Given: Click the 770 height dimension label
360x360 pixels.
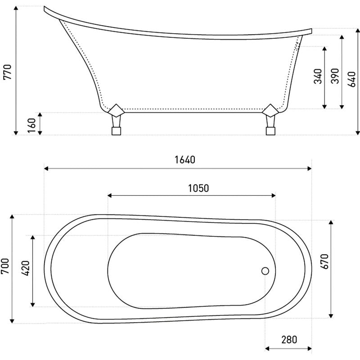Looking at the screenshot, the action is click(7, 72).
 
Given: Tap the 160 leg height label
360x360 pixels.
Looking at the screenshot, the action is click(31, 126).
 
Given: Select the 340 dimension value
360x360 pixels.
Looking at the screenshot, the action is click(318, 76).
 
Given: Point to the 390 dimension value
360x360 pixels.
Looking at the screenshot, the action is click(335, 76).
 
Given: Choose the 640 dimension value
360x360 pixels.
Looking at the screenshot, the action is click(351, 80).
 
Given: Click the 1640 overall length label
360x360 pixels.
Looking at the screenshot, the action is click(185, 160).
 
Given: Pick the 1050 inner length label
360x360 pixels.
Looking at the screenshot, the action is click(198, 188).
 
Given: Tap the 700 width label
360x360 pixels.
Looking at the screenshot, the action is click(5, 266).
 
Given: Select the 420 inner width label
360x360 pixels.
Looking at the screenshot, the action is click(26, 268).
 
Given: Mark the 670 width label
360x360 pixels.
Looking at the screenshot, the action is click(324, 261).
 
